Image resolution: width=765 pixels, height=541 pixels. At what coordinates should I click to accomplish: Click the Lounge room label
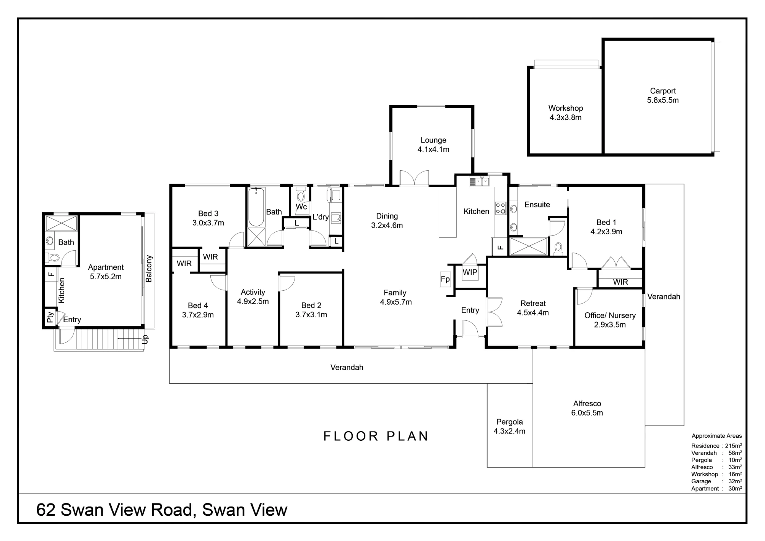433,145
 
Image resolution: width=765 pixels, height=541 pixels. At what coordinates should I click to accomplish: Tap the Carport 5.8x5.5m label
663,96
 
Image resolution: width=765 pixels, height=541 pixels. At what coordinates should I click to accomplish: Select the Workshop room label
565,113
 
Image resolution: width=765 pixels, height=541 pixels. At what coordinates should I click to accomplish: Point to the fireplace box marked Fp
445,279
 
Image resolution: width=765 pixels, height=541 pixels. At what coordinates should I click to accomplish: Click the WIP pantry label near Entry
470,272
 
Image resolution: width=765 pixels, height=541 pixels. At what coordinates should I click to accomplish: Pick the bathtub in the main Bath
256,207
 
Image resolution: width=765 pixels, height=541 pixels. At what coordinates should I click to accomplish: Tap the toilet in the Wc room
301,194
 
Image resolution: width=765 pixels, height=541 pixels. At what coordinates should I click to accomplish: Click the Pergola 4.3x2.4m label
509,427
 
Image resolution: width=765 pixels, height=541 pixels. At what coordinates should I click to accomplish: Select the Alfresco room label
587,408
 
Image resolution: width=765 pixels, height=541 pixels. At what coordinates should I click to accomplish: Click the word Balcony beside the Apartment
149,269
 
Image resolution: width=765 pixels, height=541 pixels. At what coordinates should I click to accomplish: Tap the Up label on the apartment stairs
145,339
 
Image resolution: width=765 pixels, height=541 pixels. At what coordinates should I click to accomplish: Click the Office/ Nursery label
610,320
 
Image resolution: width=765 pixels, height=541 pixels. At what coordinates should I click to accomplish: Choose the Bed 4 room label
198,310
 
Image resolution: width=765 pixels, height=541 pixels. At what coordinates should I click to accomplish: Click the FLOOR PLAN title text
376,436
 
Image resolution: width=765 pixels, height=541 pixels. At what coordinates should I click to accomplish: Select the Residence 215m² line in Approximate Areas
716,446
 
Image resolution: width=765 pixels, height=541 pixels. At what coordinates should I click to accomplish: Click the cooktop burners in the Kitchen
501,208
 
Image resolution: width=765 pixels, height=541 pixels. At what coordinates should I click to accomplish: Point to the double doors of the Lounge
414,178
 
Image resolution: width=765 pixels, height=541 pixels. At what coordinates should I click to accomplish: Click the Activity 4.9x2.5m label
253,297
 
